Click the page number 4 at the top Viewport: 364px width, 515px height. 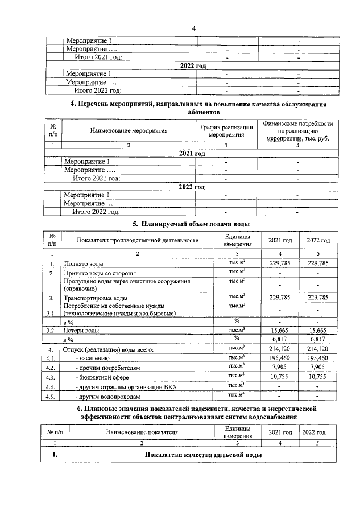(x=194, y=28)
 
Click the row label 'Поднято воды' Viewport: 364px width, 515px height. (x=84, y=264)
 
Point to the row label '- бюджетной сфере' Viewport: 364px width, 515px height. (x=100, y=377)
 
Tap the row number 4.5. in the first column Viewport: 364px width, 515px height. (x=52, y=397)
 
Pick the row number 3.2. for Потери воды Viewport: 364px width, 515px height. (x=52, y=330)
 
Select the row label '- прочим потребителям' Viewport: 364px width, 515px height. (x=106, y=368)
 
